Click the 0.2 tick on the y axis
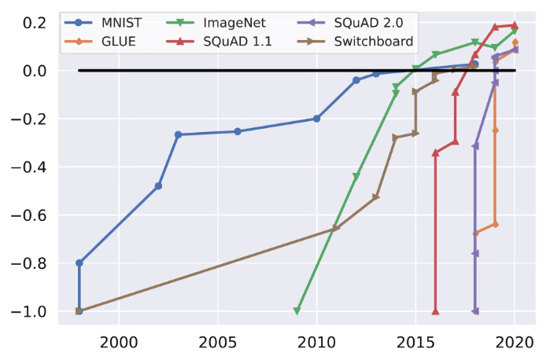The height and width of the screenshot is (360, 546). (35, 23)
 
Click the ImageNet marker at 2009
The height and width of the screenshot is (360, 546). (297, 311)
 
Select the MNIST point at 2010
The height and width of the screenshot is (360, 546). (316, 119)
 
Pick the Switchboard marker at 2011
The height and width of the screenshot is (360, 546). (336, 229)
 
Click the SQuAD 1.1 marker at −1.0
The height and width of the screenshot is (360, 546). (435, 311)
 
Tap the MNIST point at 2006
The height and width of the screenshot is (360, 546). (238, 131)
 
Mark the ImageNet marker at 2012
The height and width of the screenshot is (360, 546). (356, 176)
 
